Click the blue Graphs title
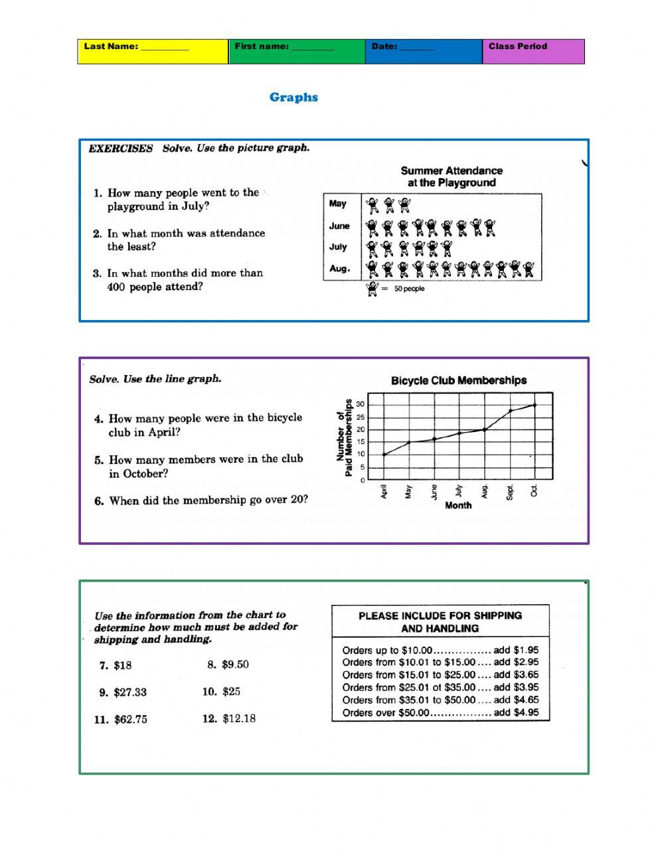(293, 98)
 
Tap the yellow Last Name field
(152, 51)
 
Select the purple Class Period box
(533, 51)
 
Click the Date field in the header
(423, 51)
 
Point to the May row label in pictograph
(338, 204)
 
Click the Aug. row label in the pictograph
(339, 269)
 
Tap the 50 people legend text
(409, 289)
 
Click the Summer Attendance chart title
(452, 177)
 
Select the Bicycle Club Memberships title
(458, 380)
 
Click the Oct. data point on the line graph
(535, 404)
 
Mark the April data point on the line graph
(384, 455)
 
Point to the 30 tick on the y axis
(361, 404)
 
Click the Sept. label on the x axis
(510, 492)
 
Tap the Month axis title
(458, 505)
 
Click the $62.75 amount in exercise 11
(130, 720)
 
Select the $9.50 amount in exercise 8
(235, 664)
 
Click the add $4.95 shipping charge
(516, 713)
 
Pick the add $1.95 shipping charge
(516, 651)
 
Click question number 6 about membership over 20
(201, 501)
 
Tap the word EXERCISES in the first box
(121, 148)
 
